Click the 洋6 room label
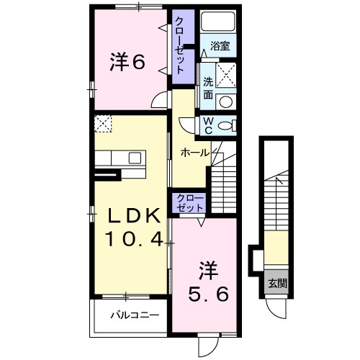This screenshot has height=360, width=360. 127,63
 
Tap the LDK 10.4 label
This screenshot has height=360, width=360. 135,228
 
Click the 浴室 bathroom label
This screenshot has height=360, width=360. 220,46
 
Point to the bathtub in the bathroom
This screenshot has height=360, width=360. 218,22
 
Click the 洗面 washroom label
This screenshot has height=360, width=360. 208,89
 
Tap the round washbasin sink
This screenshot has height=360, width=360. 226,102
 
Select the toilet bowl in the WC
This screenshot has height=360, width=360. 226,125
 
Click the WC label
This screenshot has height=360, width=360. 208,125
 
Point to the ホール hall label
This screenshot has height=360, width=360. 195,153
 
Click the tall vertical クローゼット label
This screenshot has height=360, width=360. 180,46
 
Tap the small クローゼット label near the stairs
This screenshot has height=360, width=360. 189,203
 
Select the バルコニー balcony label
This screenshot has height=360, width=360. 135,315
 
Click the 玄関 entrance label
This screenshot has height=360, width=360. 277,284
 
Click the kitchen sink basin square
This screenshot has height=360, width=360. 134,158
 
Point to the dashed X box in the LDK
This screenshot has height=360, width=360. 103,124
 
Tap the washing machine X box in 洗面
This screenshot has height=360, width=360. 226,75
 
